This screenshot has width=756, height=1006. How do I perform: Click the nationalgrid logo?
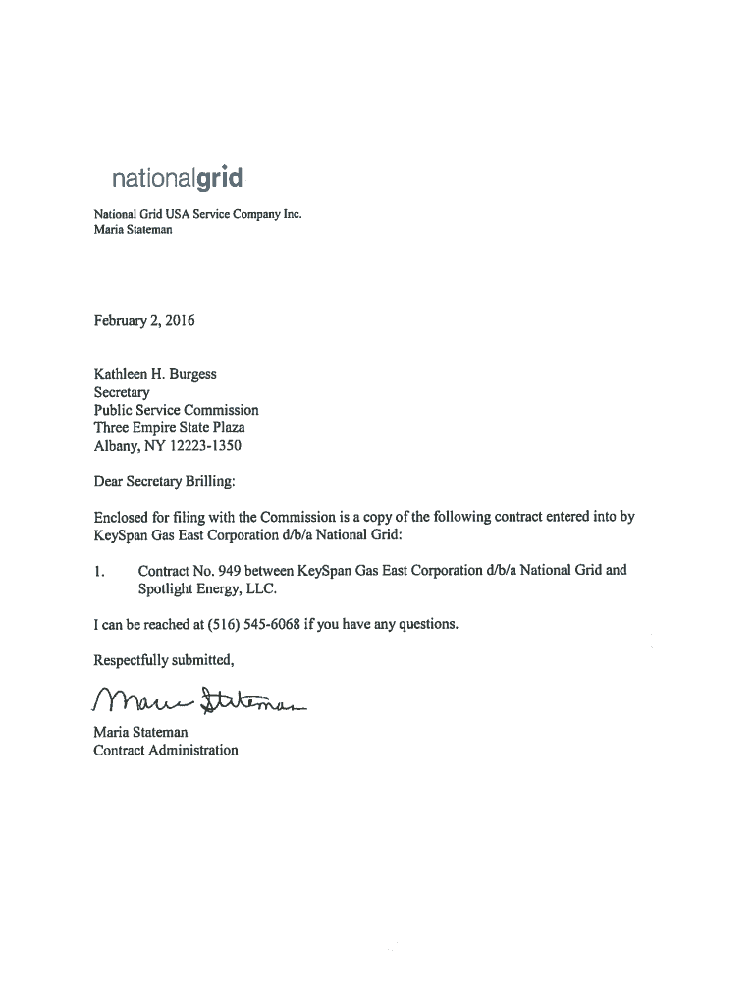tap(176, 180)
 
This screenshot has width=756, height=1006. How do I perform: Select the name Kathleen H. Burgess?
tap(155, 374)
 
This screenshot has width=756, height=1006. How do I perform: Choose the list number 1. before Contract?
tap(99, 570)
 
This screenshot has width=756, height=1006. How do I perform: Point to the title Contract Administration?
tap(165, 750)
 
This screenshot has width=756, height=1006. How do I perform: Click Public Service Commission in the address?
tap(176, 410)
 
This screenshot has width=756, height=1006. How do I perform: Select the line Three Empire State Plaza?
tap(169, 427)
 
